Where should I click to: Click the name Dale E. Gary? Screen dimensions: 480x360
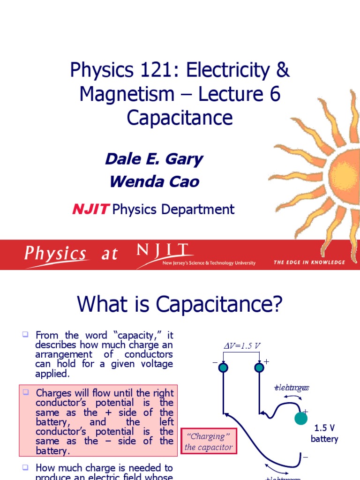coord(154,159)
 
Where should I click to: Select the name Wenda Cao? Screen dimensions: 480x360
coord(154,181)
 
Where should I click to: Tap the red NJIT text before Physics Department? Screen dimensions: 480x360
coord(91,209)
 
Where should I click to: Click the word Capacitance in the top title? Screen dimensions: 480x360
coord(180,118)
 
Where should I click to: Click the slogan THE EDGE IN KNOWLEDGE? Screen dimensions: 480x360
coord(309,262)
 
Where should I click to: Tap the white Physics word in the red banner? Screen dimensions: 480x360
coord(55,255)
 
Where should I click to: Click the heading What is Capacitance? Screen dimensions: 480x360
coord(180,305)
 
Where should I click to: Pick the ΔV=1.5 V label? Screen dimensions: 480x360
coord(241,346)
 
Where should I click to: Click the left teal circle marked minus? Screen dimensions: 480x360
coord(223,368)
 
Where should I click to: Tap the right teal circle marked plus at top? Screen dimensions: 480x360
coord(259,368)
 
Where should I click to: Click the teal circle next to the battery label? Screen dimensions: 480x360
coord(301,419)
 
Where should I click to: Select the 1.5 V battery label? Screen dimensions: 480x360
coord(324,434)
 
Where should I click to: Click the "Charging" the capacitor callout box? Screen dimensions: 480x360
coord(209,442)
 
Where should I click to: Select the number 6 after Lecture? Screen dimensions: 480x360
coord(275,94)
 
